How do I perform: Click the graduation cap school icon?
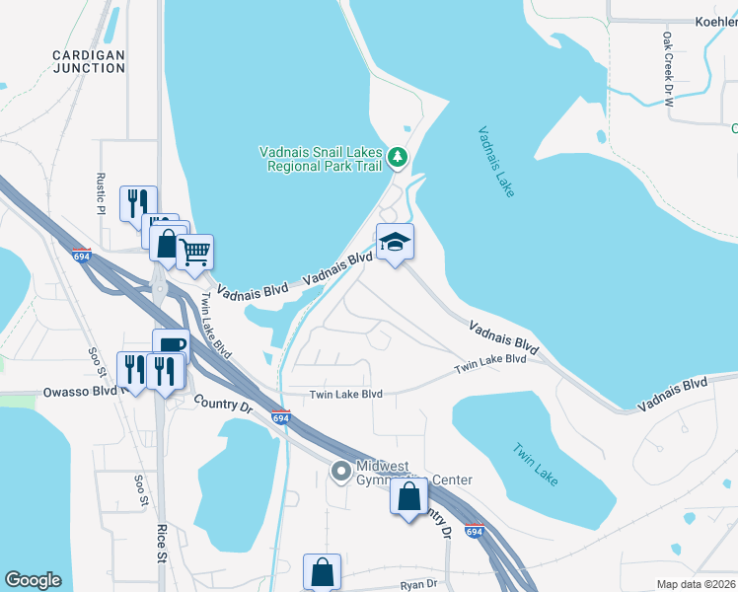tap(394, 243)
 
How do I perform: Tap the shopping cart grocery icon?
tap(194, 253)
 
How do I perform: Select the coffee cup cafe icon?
tap(170, 345)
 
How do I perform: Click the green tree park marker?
tap(397, 157)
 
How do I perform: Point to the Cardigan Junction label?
tap(89, 60)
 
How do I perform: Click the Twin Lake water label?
tap(535, 464)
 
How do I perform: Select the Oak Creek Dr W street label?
tap(668, 68)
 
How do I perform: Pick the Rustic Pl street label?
tap(100, 195)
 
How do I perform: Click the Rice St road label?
tap(161, 544)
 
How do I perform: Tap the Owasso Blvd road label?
tap(81, 392)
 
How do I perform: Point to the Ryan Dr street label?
tap(418, 584)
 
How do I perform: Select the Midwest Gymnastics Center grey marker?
tap(341, 473)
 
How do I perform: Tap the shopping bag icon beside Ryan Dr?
tap(323, 571)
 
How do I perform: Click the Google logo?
tap(33, 580)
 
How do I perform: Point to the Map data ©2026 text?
tap(696, 584)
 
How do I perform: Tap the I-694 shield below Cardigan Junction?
tap(81, 255)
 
